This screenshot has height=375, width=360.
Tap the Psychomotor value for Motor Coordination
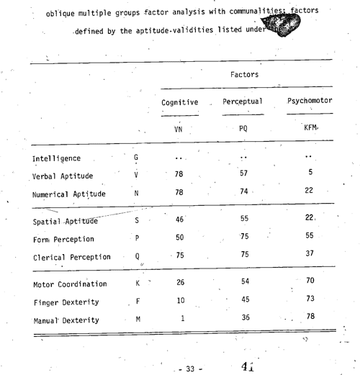tap(311, 279)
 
